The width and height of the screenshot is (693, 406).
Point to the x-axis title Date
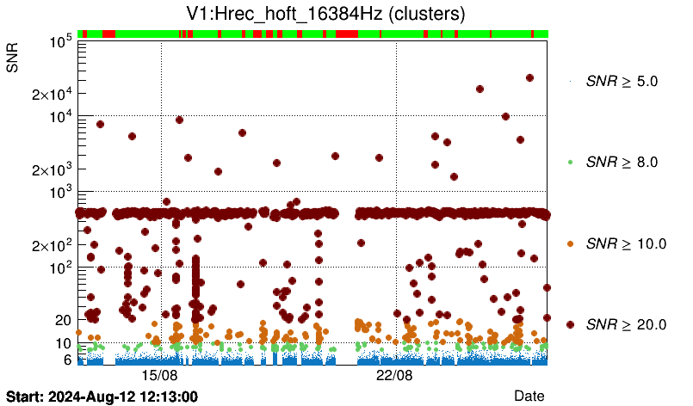coord(529,395)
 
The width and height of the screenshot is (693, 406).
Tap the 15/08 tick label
coord(159,376)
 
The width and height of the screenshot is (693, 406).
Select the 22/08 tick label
coord(395,376)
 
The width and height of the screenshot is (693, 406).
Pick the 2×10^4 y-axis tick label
coord(51,94)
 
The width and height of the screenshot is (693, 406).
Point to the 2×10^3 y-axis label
coord(51,169)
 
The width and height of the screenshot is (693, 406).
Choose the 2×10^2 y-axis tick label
coord(51,245)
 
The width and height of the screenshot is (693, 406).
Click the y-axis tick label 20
coord(63,320)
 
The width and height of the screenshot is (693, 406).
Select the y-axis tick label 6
coord(66,360)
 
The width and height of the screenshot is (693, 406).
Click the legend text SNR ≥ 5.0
coord(622,82)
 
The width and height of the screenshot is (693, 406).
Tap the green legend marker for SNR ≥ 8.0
coord(571,162)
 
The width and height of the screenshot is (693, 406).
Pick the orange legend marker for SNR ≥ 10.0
coord(571,243)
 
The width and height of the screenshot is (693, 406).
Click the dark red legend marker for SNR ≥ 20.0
coord(571,324)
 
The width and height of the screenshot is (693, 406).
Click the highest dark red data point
coord(529,77)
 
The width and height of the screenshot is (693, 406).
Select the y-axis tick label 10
coord(63,343)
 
